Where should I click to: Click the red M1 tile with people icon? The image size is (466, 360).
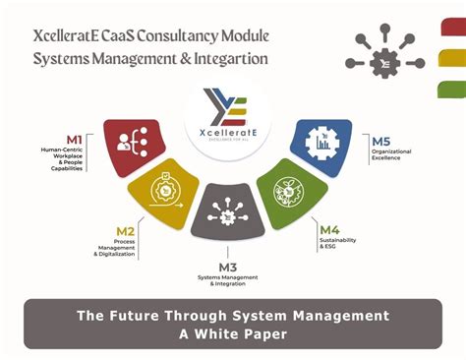point(134,147)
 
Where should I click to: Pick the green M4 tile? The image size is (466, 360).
point(292,190)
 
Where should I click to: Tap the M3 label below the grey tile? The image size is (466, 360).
point(228,266)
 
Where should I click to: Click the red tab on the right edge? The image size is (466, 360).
point(454,29)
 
